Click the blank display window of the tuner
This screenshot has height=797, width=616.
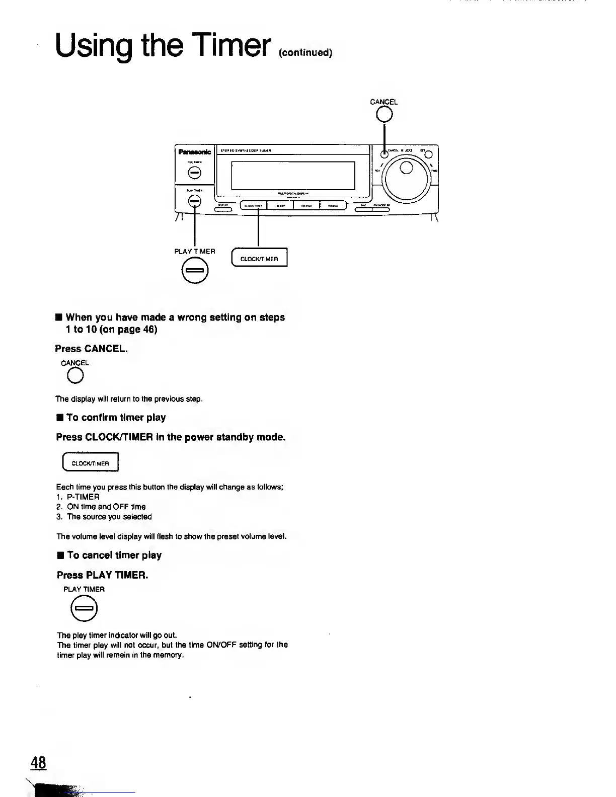[x=293, y=175]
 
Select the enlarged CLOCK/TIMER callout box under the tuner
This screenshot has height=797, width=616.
[x=259, y=259]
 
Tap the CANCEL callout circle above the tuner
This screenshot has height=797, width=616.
[x=384, y=115]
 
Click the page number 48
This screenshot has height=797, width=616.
[x=38, y=763]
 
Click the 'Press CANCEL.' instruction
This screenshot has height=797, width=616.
[x=92, y=349]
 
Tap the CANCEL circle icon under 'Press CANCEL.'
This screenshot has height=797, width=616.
[x=75, y=376]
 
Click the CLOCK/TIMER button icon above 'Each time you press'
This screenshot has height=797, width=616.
[x=90, y=463]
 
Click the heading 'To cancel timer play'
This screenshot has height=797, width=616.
[x=114, y=555]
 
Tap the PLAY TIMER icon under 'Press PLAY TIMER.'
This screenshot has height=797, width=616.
[x=84, y=609]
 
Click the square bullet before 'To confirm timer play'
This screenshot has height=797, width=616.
[x=59, y=418]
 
